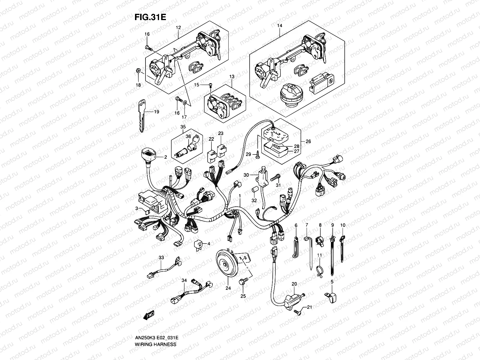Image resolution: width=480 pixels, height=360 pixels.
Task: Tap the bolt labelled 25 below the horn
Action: [x=242, y=281]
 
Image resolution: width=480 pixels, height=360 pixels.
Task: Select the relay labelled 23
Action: [x=222, y=151]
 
